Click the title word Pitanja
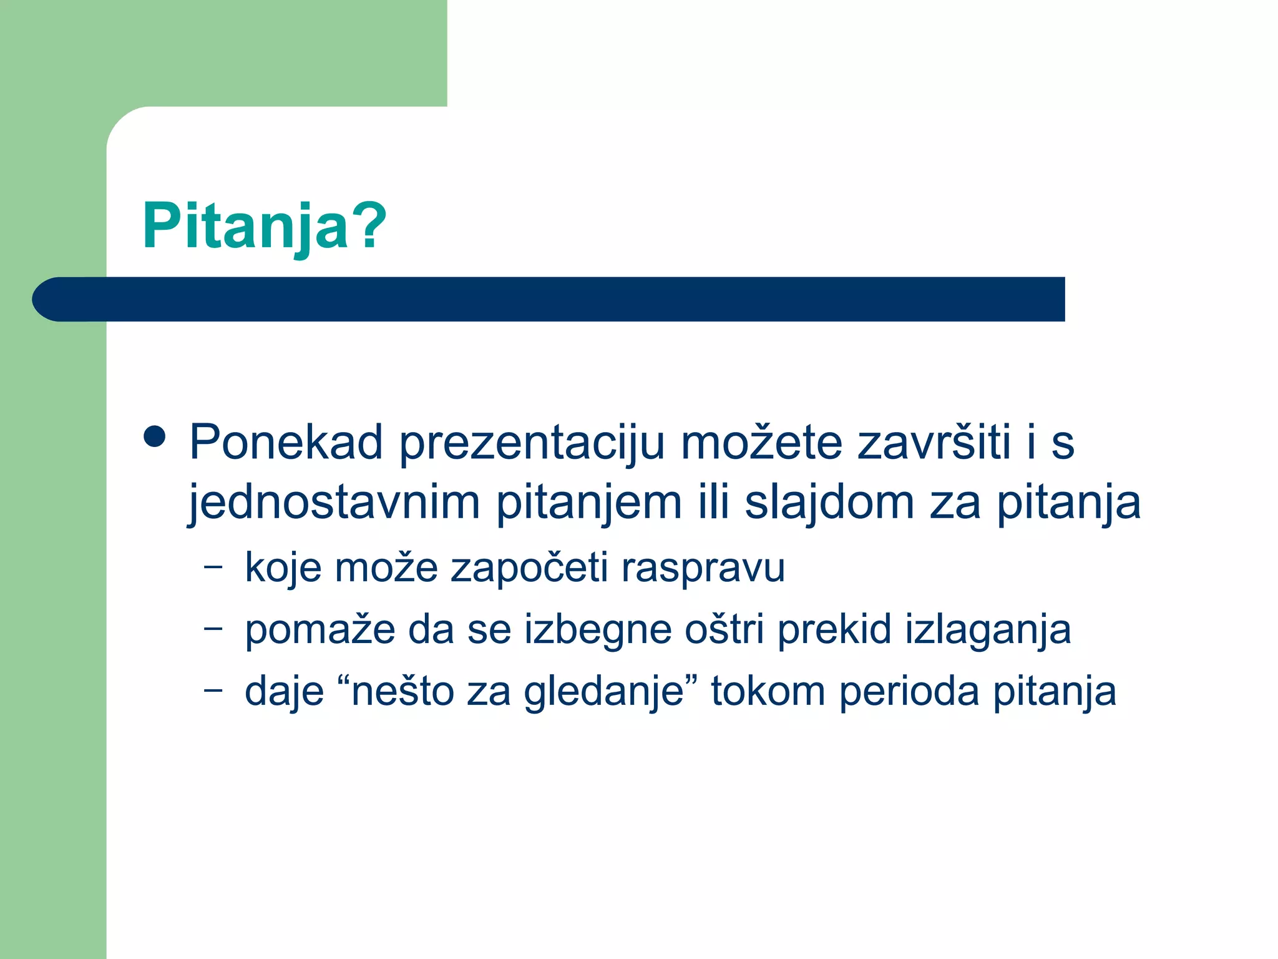click(x=246, y=226)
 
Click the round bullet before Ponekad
click(x=154, y=437)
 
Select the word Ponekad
click(x=286, y=442)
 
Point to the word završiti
click(x=934, y=442)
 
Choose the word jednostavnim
click(x=334, y=503)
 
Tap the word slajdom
click(x=829, y=502)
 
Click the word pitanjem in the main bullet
click(x=588, y=503)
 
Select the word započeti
click(x=529, y=568)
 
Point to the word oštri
click(x=724, y=629)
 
